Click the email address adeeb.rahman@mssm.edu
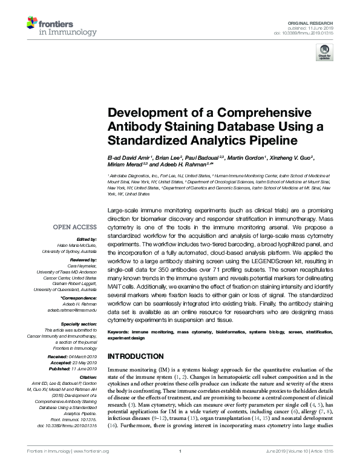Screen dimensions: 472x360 coord(71,310)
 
